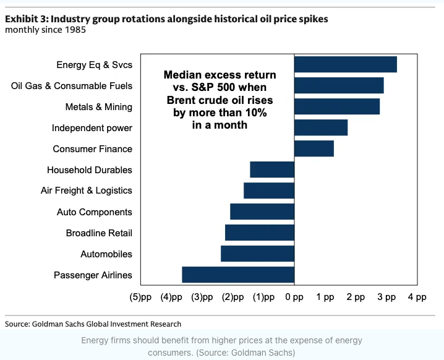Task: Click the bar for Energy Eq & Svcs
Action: pos(345,64)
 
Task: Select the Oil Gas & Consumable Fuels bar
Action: pos(339,85)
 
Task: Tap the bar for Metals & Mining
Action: pos(337,106)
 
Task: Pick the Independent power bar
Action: pos(321,127)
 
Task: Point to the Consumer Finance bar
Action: pos(314,148)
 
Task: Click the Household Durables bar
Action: pos(272,169)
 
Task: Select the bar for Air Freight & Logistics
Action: pos(269,191)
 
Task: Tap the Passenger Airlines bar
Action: pos(238,275)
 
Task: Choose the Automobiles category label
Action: pos(106,254)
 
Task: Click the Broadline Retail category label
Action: pos(99,233)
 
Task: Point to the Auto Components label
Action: pos(95,212)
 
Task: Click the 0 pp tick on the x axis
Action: pos(294,297)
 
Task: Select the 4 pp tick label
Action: pos(417,297)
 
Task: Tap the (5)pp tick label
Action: pos(140,297)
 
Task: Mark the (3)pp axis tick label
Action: pos(202,297)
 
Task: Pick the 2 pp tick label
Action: pos(356,297)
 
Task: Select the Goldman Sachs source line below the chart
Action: pos(93,324)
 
